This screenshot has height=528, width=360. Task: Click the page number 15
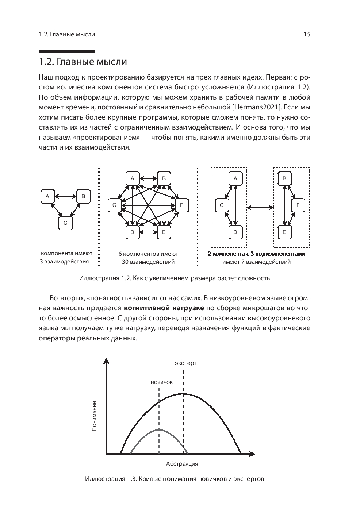click(x=307, y=35)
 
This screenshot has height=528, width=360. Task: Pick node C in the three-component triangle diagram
click(x=65, y=223)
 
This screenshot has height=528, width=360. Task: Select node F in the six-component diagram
click(x=181, y=205)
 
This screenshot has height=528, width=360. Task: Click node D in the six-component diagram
click(x=133, y=232)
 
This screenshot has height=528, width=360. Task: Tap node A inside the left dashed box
click(x=235, y=178)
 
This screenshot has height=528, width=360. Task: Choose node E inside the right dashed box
click(x=284, y=232)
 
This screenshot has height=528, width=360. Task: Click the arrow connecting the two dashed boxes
click(x=260, y=208)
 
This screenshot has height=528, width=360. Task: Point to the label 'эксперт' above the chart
click(x=185, y=363)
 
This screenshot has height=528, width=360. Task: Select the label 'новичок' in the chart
click(x=161, y=382)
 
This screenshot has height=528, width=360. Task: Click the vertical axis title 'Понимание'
click(x=95, y=416)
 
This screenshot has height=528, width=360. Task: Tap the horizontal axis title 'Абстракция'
click(x=182, y=464)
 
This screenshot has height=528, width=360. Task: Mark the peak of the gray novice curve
click(x=159, y=429)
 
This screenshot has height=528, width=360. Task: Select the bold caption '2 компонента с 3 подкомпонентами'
click(x=256, y=254)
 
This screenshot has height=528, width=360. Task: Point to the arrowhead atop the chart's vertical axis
click(x=106, y=361)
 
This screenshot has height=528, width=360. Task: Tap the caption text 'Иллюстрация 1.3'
click(x=110, y=479)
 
